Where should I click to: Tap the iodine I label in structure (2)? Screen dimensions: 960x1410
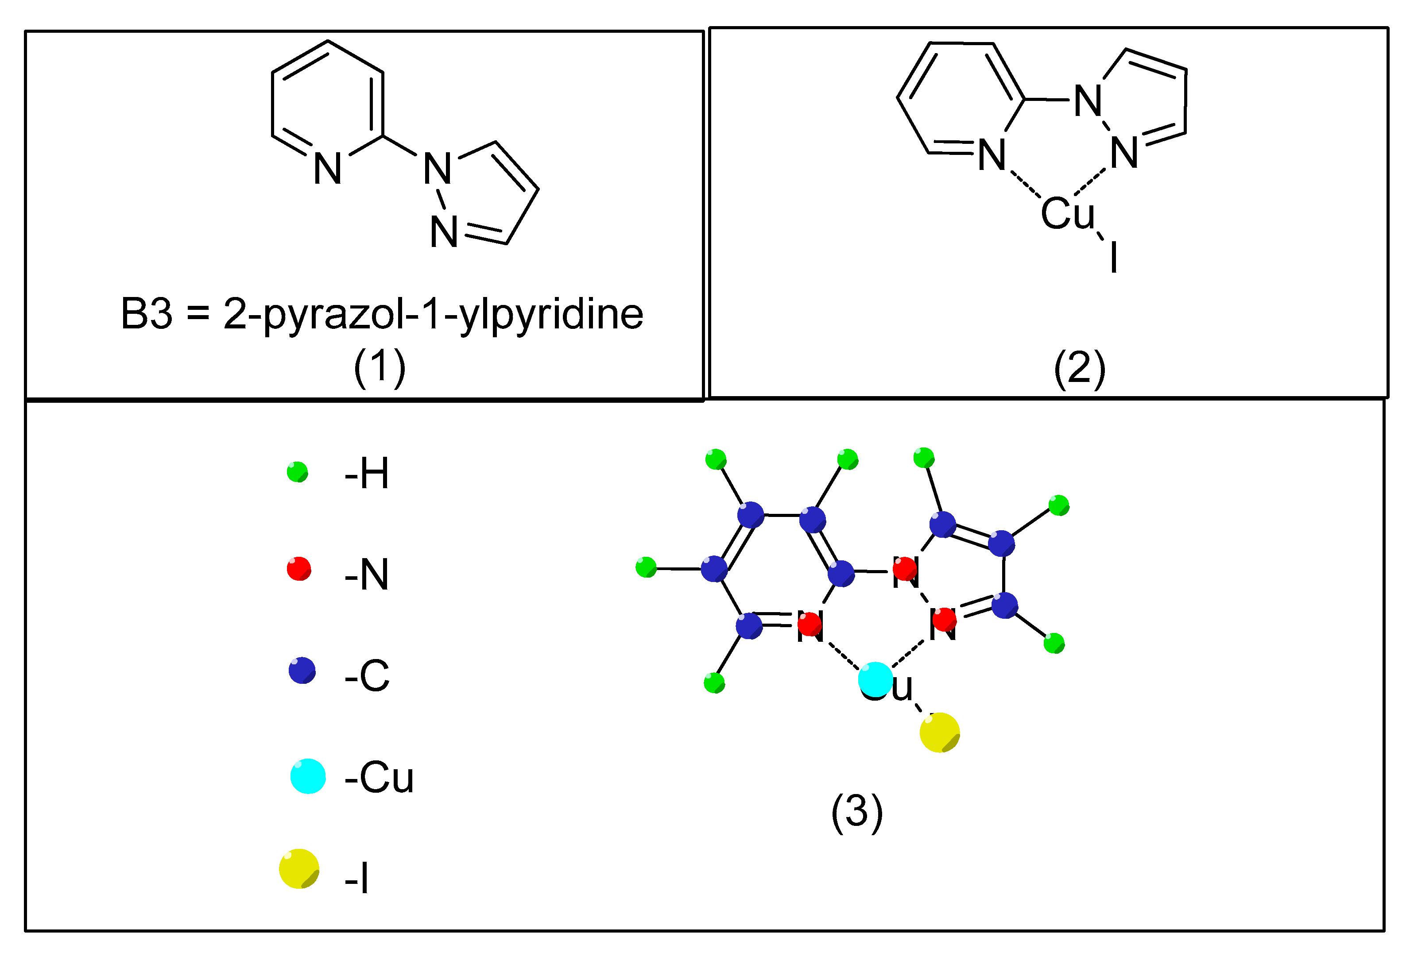tap(1113, 258)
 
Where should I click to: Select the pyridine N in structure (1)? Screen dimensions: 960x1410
tap(328, 169)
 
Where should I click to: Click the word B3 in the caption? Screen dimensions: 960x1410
tap(146, 314)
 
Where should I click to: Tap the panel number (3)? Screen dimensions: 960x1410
tap(857, 811)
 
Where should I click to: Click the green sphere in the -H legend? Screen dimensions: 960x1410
tap(297, 472)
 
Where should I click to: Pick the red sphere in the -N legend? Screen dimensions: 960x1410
tap(298, 569)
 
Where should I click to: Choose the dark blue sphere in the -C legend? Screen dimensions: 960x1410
tap(302, 670)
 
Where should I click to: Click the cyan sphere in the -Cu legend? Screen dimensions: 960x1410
tap(308, 775)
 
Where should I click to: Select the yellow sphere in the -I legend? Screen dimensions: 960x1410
tap(299, 869)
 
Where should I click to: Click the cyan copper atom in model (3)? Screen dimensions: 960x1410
tap(875, 679)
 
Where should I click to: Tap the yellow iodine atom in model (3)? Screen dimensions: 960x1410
tap(939, 733)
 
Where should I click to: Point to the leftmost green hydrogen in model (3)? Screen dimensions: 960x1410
tap(646, 567)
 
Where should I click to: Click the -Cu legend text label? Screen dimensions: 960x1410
tap(379, 778)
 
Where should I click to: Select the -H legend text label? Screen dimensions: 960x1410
tap(367, 474)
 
